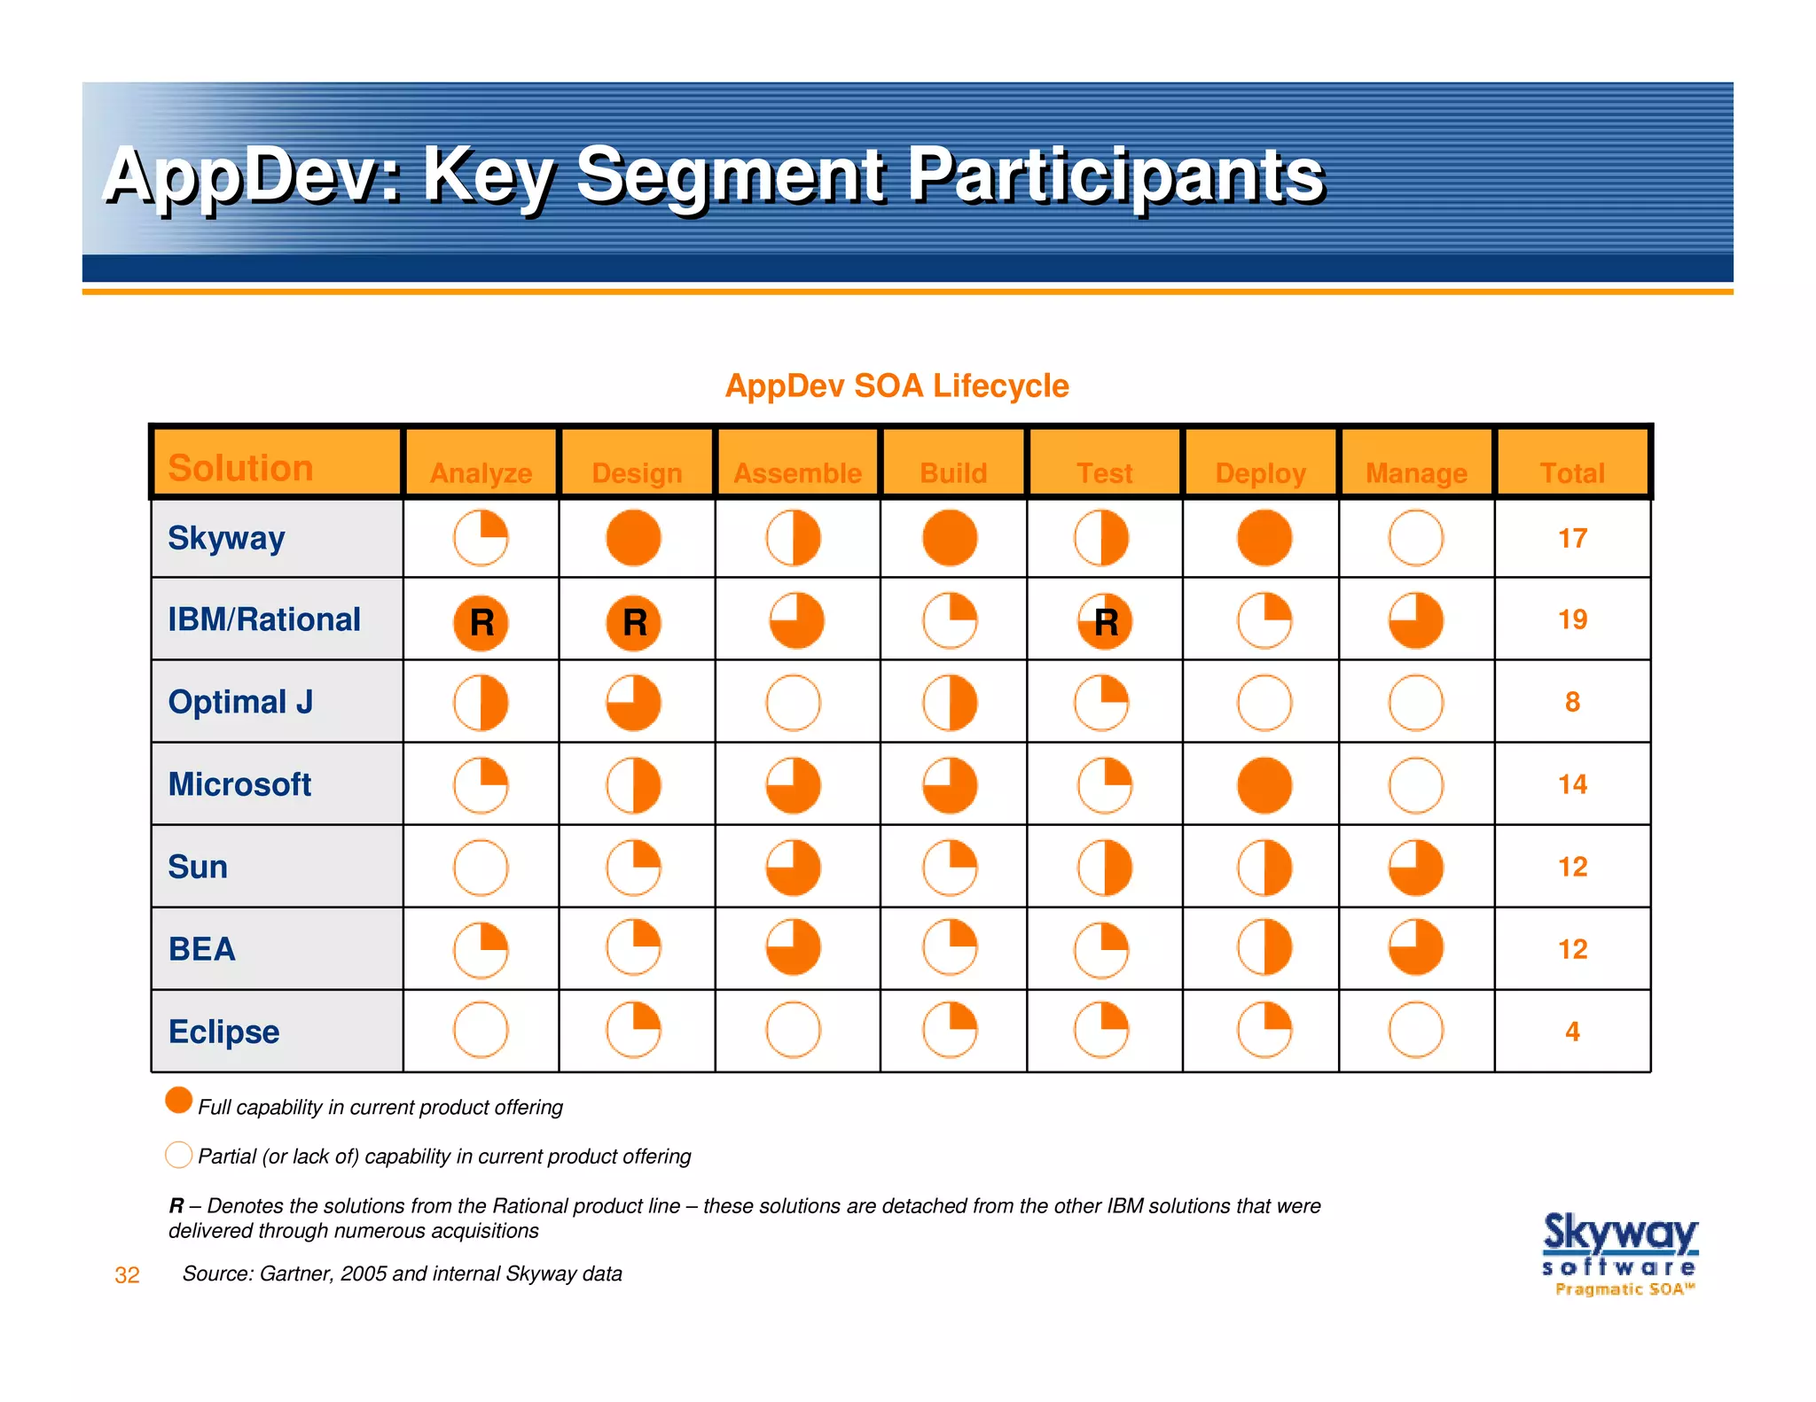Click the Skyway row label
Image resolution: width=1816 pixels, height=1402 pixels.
tap(226, 538)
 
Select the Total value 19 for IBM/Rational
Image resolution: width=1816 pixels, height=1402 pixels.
tap(1572, 619)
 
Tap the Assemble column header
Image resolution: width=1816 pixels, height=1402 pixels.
tap(797, 473)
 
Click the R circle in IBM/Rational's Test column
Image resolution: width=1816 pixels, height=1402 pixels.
tap(1105, 622)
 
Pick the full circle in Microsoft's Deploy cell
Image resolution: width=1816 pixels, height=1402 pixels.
tap(1264, 785)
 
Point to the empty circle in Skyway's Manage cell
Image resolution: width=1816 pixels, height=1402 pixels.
tap(1416, 538)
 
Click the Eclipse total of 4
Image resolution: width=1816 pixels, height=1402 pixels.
tap(1572, 1032)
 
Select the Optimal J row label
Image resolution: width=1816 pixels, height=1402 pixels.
tap(240, 702)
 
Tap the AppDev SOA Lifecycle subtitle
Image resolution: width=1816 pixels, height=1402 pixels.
tap(896, 386)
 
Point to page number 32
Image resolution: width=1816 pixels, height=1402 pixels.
tap(127, 1275)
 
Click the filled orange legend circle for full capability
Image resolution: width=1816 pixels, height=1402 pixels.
tap(179, 1101)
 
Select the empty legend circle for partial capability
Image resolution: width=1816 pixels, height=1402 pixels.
tap(179, 1155)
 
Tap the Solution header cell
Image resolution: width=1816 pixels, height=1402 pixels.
tap(241, 468)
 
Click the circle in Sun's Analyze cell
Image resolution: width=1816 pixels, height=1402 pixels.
tap(481, 868)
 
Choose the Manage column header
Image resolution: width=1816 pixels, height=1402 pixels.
tap(1416, 473)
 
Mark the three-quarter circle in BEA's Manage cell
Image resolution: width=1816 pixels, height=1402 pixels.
tap(1416, 947)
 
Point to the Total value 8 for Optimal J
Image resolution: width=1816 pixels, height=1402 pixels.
tap(1572, 702)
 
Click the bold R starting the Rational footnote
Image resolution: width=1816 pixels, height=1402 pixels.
tap(176, 1206)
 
